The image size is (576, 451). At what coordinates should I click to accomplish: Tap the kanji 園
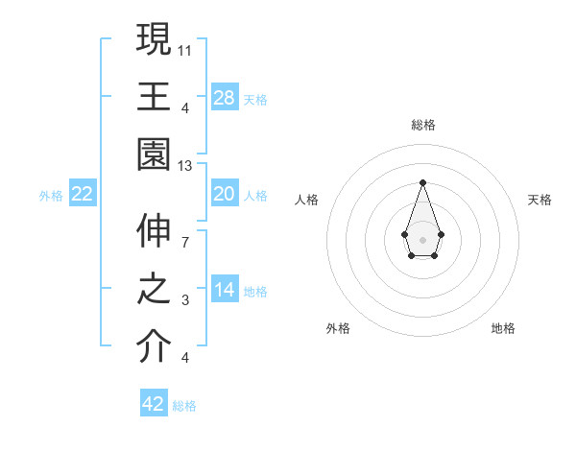(154, 154)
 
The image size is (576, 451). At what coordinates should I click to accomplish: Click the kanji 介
(154, 345)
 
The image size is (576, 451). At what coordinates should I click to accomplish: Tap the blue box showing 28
(225, 98)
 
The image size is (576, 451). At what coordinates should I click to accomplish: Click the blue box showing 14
(225, 290)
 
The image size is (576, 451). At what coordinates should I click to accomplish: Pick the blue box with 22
(83, 195)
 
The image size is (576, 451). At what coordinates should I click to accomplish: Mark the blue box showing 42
(154, 404)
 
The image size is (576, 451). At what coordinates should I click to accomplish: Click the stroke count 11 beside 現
(186, 48)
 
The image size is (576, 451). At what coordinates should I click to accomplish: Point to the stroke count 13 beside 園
(186, 166)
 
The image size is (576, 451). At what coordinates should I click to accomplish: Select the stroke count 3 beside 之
(184, 300)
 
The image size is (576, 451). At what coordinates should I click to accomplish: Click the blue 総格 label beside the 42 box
(184, 406)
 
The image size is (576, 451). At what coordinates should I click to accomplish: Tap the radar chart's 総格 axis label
(422, 125)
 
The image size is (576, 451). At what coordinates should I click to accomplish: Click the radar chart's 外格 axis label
(338, 328)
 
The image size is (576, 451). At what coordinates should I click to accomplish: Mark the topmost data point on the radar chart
(422, 182)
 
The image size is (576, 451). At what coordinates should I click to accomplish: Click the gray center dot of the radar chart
(422, 238)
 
